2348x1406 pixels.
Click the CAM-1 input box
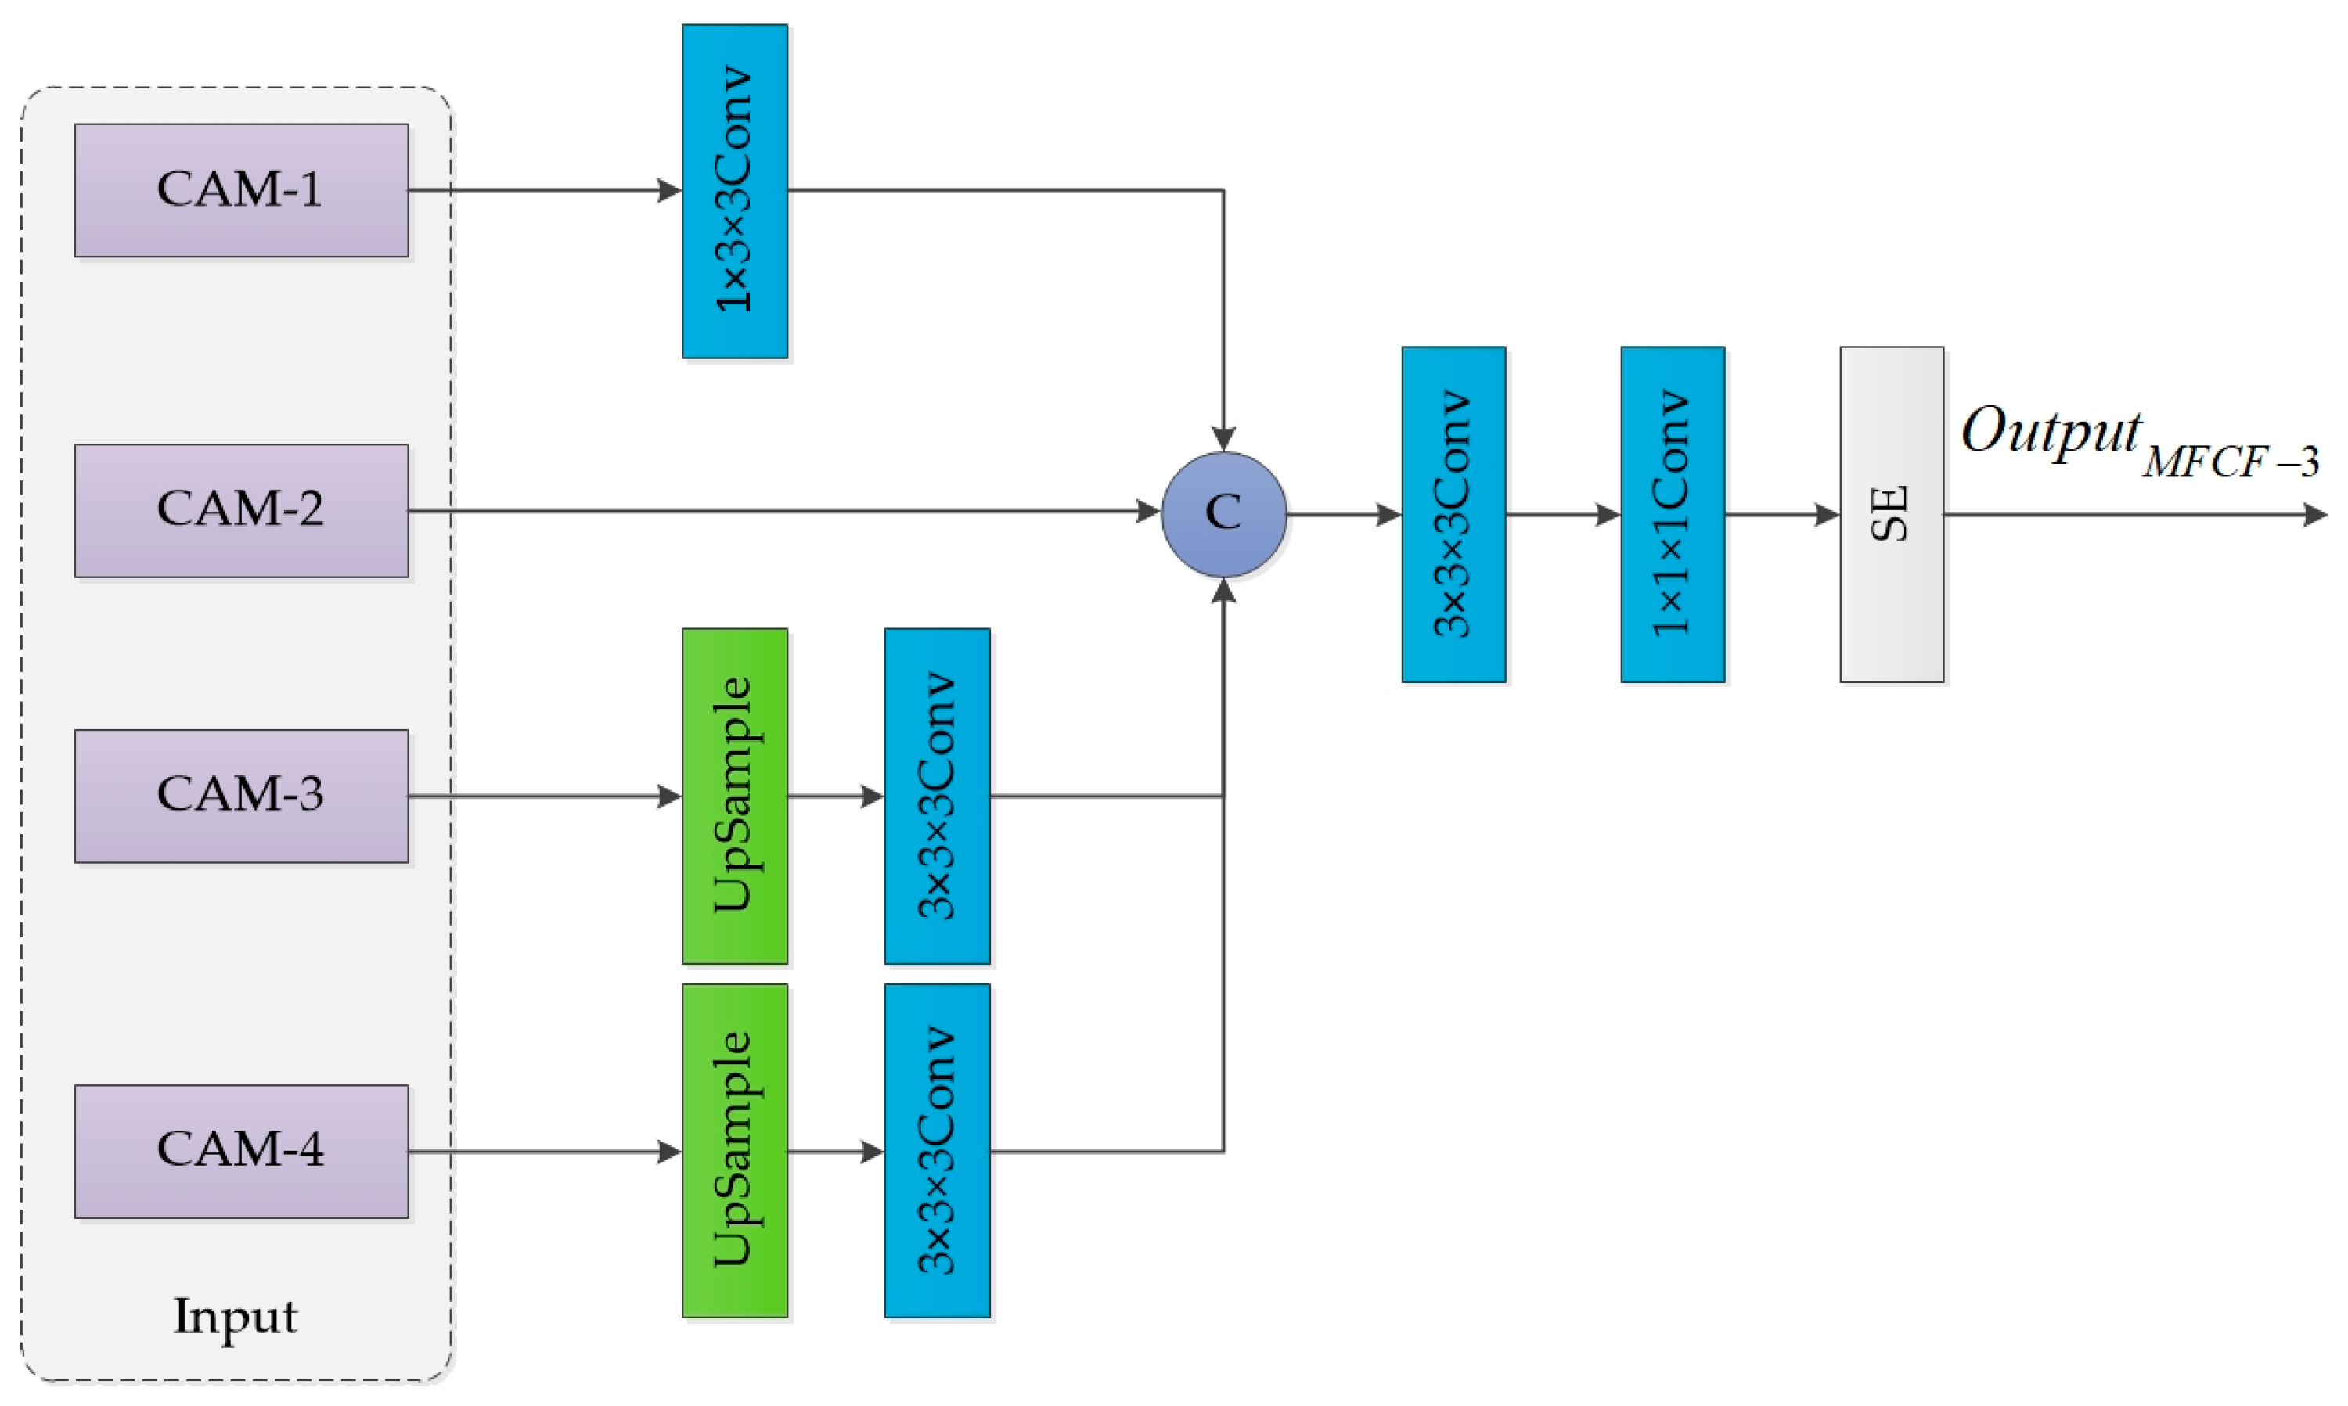click(x=242, y=190)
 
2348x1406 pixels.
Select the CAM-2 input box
click(x=242, y=511)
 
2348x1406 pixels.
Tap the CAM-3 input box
click(x=242, y=796)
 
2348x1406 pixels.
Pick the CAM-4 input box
click(x=242, y=1151)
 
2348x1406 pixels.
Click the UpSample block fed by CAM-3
click(x=734, y=796)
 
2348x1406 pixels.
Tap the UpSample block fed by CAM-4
click(x=734, y=1151)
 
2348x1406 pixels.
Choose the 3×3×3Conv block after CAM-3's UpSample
click(x=937, y=796)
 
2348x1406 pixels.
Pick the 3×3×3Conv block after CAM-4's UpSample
click(x=937, y=1151)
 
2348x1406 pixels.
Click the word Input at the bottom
click(x=235, y=1317)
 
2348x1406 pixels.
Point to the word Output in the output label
click(x=2051, y=431)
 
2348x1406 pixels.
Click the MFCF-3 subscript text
click(x=2230, y=463)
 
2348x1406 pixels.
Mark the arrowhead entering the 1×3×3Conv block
click(x=670, y=190)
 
